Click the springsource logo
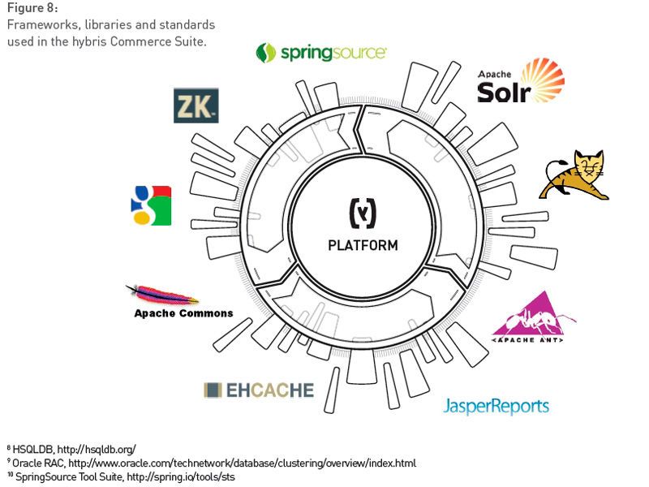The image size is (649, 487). tap(321, 53)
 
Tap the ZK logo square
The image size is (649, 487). tap(196, 106)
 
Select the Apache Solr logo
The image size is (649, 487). tap(519, 82)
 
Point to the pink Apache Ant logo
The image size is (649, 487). tap(534, 316)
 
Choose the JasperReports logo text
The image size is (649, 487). tap(496, 405)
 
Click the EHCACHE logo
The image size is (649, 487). tap(258, 390)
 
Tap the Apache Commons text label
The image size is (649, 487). tap(183, 313)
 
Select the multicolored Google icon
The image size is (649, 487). tap(151, 205)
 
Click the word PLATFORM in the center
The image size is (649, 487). tap(363, 245)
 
